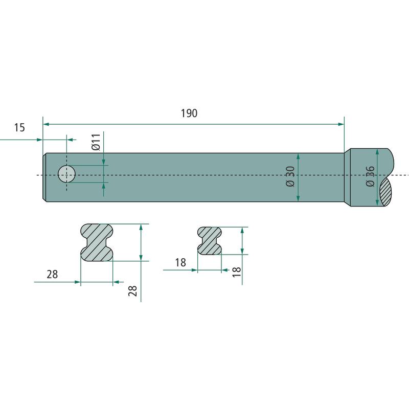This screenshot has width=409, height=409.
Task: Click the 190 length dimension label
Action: point(189,113)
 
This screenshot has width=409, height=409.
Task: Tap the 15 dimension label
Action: point(19,127)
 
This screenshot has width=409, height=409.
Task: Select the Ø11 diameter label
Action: point(96,142)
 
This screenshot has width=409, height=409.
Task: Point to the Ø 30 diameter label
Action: point(290,176)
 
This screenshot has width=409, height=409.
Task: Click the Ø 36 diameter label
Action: point(370,176)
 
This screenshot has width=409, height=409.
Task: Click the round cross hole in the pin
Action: point(66,174)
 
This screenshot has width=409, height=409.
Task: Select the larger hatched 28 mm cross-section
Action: point(97,242)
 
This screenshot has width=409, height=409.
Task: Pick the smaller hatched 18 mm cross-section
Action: point(210,241)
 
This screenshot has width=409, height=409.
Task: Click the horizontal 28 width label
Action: point(52,275)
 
